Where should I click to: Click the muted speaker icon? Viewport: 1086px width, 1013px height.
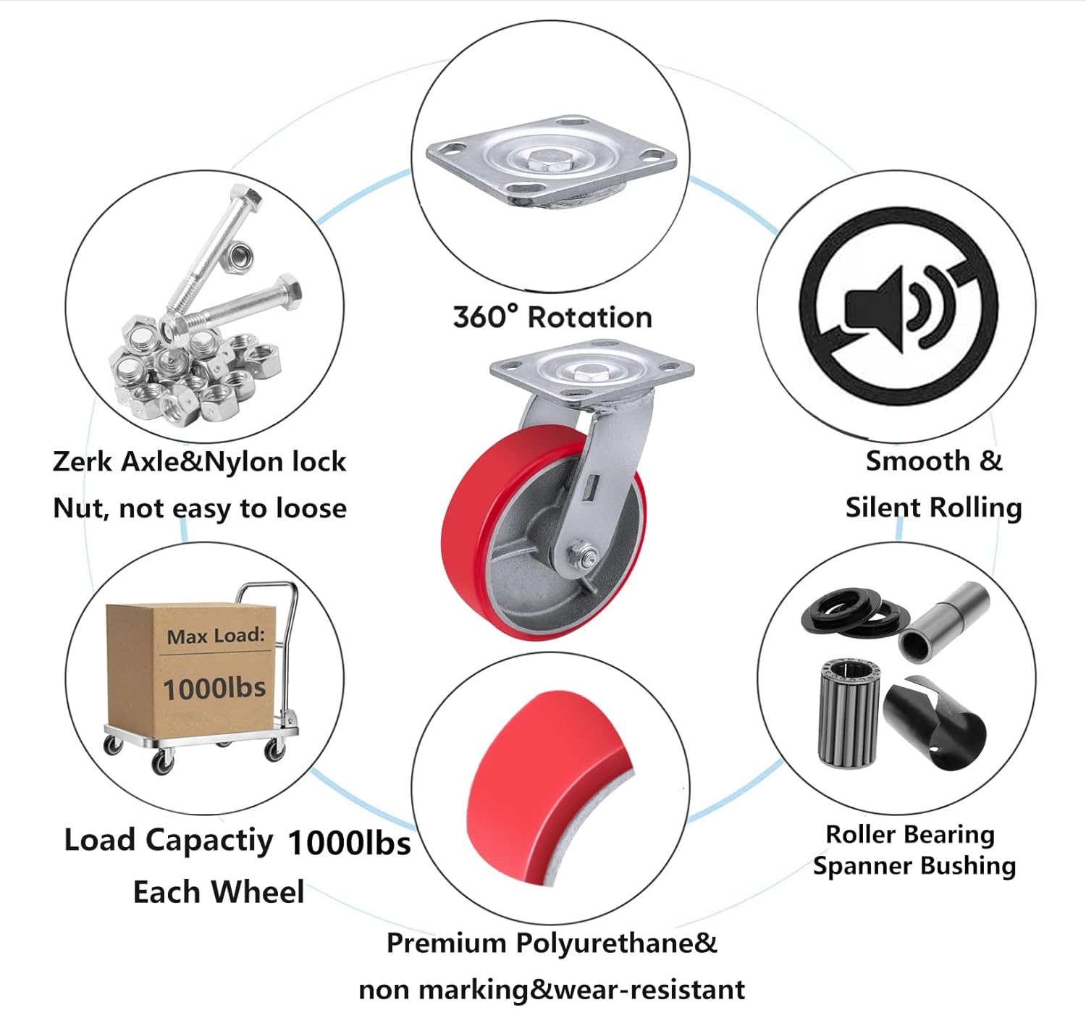pos(898,306)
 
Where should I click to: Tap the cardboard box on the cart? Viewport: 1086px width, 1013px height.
pos(192,666)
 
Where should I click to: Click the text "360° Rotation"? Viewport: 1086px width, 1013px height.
pos(552,317)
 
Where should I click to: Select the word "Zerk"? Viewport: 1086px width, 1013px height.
pos(82,462)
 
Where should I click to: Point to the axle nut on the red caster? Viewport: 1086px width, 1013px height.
pos(584,557)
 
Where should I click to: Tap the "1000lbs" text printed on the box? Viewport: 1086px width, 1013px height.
pos(214,688)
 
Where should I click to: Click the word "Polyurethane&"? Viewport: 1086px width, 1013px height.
pos(616,943)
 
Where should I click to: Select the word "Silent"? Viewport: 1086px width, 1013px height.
pos(884,508)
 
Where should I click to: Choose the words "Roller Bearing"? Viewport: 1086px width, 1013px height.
pos(910,834)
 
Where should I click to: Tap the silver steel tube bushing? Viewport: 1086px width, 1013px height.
pos(943,621)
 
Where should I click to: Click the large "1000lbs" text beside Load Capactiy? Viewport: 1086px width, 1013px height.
pos(349,843)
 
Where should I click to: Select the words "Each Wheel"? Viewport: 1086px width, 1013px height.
pos(219,892)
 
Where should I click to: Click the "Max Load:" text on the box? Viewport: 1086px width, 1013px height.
pos(216,636)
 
